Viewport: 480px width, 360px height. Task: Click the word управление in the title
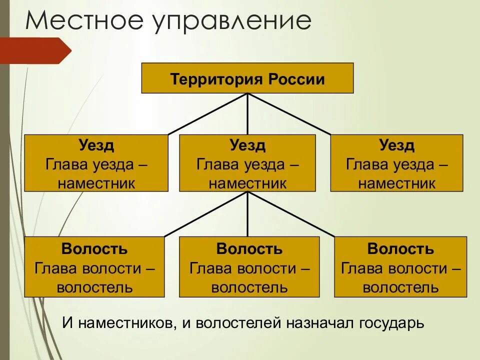[x=234, y=22]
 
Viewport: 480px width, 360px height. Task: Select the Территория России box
[x=247, y=78]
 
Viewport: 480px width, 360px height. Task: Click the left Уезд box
[x=96, y=163]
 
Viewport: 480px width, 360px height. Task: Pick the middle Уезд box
[x=247, y=163]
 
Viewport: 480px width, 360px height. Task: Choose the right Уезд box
[x=396, y=163]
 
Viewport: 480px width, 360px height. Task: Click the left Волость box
[x=94, y=267]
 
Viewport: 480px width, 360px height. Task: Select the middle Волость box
[x=249, y=267]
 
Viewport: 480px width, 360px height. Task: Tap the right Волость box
[x=400, y=267]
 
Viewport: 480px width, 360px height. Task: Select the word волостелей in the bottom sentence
[x=232, y=323]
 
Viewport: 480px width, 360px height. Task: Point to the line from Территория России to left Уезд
[x=207, y=114]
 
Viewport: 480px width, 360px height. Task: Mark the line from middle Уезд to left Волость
[x=206, y=214]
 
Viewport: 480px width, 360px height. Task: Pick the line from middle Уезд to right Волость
[x=291, y=214]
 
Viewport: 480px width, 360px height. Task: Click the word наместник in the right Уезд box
[x=396, y=182]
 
